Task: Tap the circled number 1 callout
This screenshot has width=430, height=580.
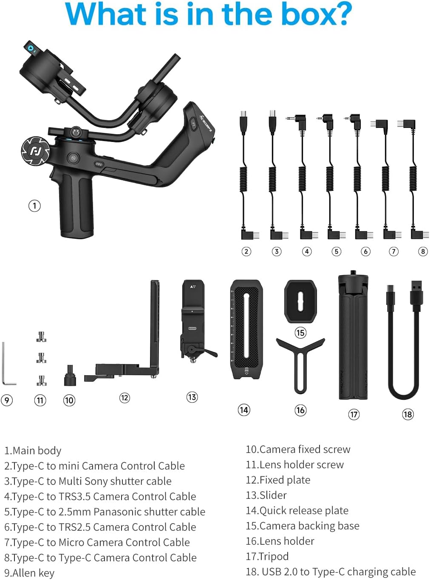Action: pyautogui.click(x=34, y=206)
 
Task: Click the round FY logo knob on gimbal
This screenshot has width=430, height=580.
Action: pyautogui.click(x=35, y=151)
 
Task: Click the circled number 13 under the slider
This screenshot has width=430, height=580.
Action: pyautogui.click(x=192, y=397)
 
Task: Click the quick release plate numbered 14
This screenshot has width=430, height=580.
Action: pyautogui.click(x=246, y=329)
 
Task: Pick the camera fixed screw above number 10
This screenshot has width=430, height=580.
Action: pyautogui.click(x=70, y=376)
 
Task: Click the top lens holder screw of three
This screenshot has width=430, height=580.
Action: pyautogui.click(x=41, y=337)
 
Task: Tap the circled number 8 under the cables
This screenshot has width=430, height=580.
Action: pyautogui.click(x=423, y=251)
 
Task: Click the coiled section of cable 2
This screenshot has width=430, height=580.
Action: pyautogui.click(x=243, y=178)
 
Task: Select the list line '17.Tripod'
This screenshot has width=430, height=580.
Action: pyautogui.click(x=267, y=556)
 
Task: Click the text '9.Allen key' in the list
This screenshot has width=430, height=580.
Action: pyautogui.click(x=29, y=573)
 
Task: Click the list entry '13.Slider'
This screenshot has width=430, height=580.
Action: pyautogui.click(x=266, y=495)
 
